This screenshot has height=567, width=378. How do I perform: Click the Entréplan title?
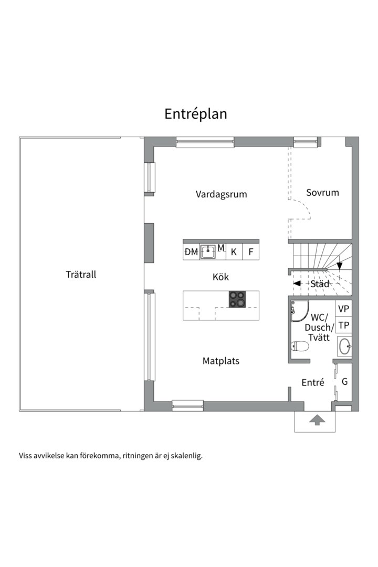coord(196,114)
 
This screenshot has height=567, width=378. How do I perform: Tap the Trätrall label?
coord(81,275)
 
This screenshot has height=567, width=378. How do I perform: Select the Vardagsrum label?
coord(222,194)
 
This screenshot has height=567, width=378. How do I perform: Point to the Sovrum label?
coord(323,192)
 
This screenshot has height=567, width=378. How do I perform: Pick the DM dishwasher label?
coord(191,251)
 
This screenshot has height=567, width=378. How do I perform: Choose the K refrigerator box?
coord(234,251)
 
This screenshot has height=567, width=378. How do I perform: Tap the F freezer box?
coord(250,251)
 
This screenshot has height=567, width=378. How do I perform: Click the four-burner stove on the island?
coord(237,299)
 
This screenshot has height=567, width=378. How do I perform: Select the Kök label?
coord(220,277)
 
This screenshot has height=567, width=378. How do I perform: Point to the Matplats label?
coord(221,361)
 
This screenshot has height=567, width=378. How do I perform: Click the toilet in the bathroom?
coord(299,346)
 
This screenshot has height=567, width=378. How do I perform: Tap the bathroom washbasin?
coord(344,346)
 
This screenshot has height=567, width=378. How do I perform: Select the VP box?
coord(344,309)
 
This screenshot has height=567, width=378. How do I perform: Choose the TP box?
coord(344,325)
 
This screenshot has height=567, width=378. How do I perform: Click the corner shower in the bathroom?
coord(299,310)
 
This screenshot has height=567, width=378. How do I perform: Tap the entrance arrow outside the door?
coord(317,420)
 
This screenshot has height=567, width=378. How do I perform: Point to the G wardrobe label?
coord(345,382)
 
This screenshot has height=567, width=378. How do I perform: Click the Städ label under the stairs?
coord(320,284)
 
